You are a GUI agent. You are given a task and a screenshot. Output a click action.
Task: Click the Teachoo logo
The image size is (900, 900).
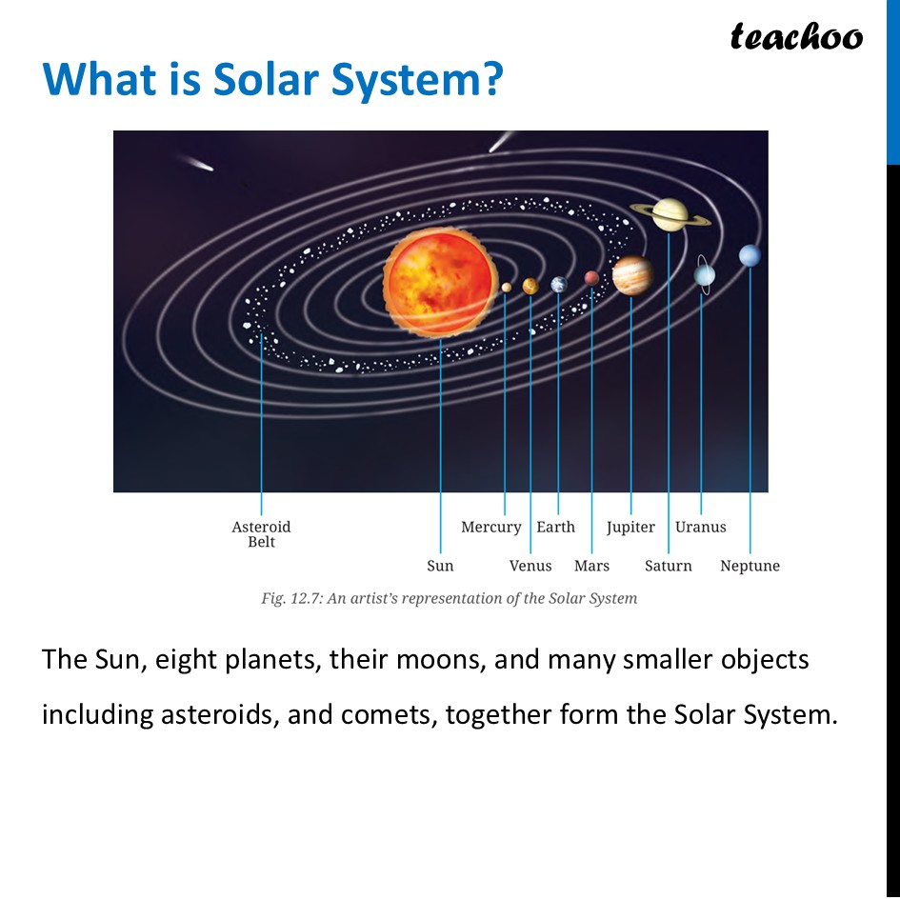796,36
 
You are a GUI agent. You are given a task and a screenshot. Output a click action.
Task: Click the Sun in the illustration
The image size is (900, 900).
440,281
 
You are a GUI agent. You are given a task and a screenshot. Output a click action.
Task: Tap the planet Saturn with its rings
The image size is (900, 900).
670,214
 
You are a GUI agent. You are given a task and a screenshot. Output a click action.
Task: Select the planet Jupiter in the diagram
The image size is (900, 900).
631,275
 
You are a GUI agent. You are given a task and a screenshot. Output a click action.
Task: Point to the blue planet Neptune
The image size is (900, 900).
750,255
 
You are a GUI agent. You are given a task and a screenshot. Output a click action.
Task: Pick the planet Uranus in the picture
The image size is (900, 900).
704,274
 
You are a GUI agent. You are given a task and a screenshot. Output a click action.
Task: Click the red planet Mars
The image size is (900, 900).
591,278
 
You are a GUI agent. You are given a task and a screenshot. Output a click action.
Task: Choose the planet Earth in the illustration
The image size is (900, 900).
559,284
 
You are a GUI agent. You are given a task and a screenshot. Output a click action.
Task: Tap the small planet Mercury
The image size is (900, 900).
506,287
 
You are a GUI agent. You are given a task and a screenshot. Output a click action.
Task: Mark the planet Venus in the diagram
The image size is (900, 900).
530,286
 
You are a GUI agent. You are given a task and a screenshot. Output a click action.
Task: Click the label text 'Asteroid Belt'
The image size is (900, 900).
261,534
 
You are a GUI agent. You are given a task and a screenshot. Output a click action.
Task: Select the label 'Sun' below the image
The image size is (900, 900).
440,566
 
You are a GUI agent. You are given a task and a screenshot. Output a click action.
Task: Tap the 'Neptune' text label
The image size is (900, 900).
750,566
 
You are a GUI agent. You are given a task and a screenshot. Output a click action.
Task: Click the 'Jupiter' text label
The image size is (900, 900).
630,527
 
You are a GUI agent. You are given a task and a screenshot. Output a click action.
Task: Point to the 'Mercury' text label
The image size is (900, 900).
490,527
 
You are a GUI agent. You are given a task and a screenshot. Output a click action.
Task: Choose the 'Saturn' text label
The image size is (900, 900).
668,566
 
